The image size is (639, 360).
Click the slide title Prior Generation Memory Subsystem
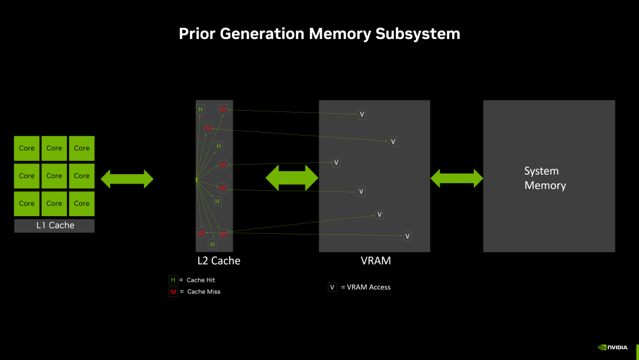[x=319, y=34]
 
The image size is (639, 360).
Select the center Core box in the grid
[x=54, y=176]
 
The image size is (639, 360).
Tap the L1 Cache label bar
[x=54, y=226]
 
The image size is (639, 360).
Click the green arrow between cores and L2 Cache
[x=127, y=178]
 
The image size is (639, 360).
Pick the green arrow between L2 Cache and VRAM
[x=292, y=178]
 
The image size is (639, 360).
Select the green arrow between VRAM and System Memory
[x=457, y=178]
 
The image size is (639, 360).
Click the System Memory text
[x=545, y=178]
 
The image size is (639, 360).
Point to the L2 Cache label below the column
[x=218, y=261]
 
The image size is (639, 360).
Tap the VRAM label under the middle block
[x=376, y=261]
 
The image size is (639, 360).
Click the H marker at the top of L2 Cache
[x=201, y=110]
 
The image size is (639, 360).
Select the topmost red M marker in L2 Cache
[x=223, y=110]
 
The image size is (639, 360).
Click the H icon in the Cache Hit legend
[x=173, y=280]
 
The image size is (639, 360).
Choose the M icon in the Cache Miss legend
[x=173, y=292]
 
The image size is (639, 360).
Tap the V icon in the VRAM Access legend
[x=333, y=287]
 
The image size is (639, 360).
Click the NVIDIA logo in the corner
[x=614, y=348]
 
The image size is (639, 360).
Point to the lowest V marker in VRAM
[x=407, y=236]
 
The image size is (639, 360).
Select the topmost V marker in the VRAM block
[x=362, y=114]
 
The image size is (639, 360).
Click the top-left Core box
[x=27, y=149]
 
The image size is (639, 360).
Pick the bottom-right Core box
[x=82, y=204]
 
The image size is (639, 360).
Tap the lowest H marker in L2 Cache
[x=212, y=244]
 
